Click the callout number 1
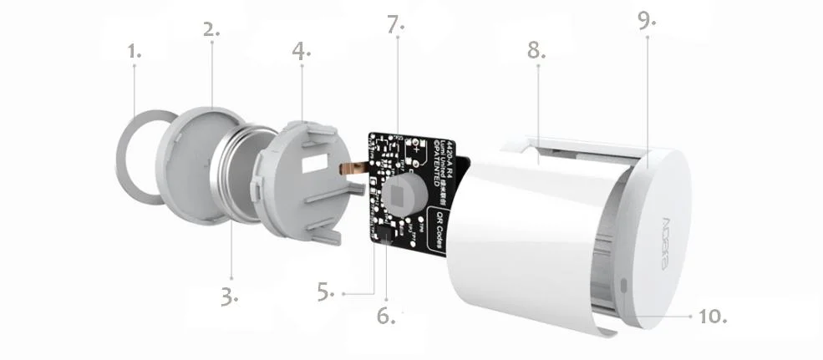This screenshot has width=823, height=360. [x=134, y=52]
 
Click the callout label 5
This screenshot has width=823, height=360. [x=326, y=292]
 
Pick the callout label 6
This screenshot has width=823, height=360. [x=386, y=316]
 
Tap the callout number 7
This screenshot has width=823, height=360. [x=395, y=24]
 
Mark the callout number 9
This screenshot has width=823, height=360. [x=647, y=21]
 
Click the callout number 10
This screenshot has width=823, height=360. [x=712, y=316]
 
